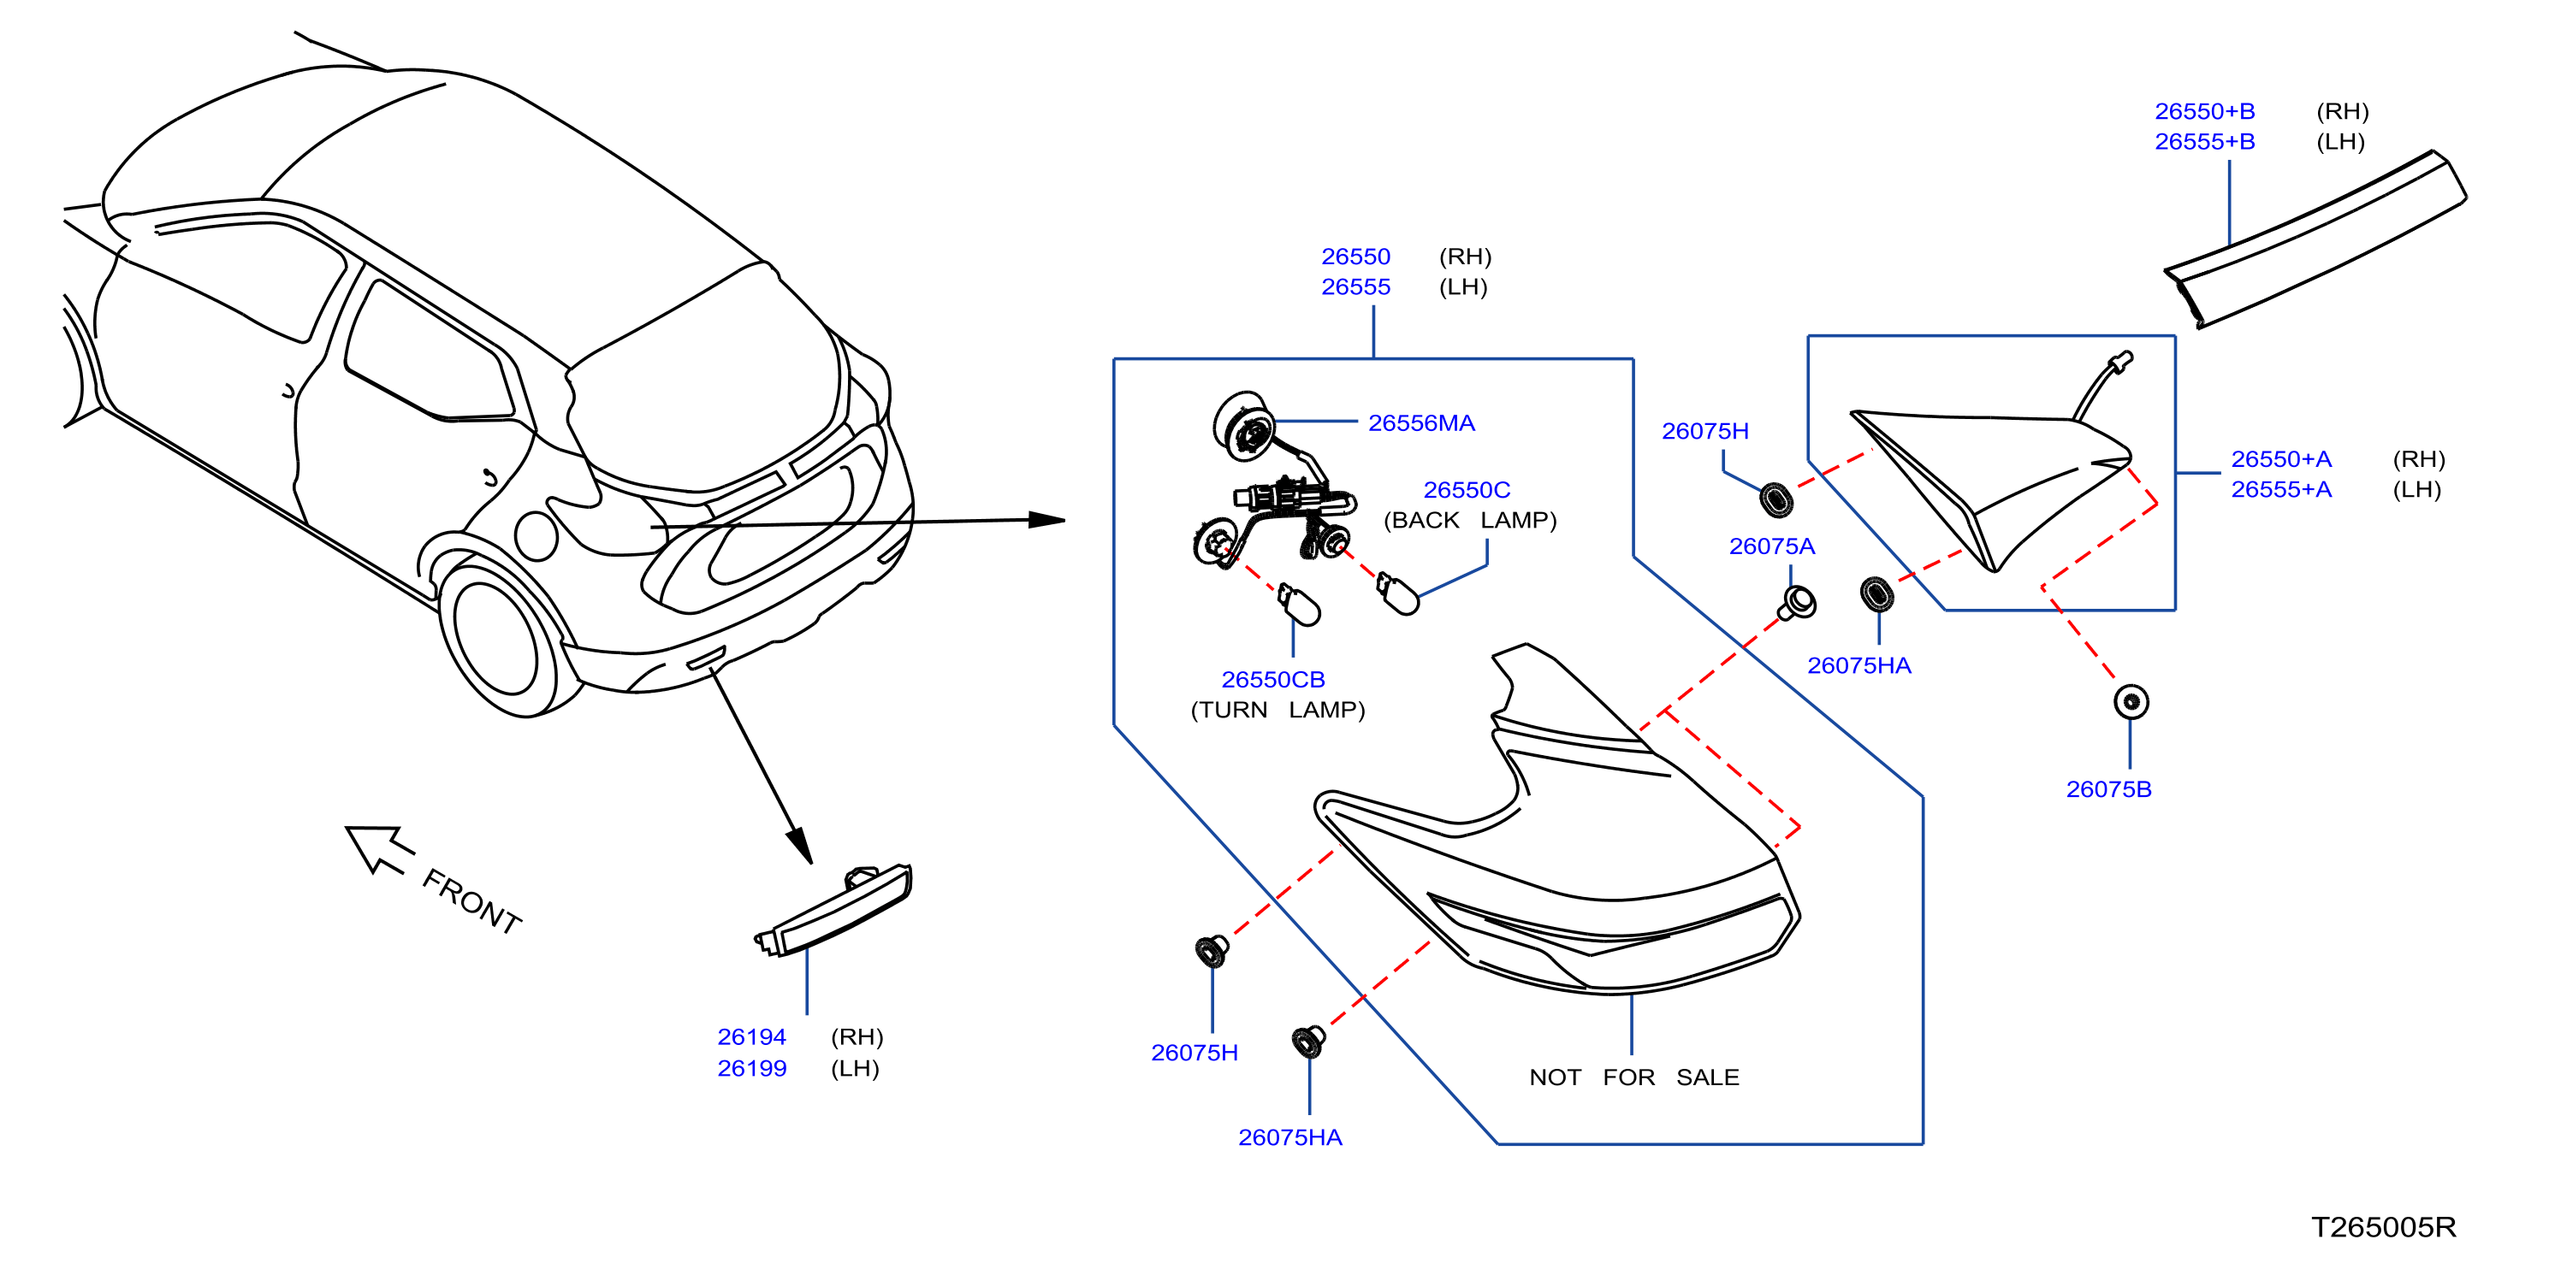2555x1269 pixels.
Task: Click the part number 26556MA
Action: tap(1420, 423)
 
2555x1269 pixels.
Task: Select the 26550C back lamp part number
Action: tap(1466, 490)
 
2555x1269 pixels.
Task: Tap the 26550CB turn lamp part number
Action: tap(1272, 679)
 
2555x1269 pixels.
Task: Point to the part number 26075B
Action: tap(2108, 789)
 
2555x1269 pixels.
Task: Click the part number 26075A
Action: tap(1771, 546)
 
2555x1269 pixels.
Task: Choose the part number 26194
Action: tap(752, 1037)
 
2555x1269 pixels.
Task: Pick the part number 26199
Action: tap(752, 1068)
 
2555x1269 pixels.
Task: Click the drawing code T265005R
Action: tap(2383, 1226)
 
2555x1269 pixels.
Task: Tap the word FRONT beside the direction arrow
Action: tap(471, 901)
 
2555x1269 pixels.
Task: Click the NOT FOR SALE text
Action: tap(1633, 1077)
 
